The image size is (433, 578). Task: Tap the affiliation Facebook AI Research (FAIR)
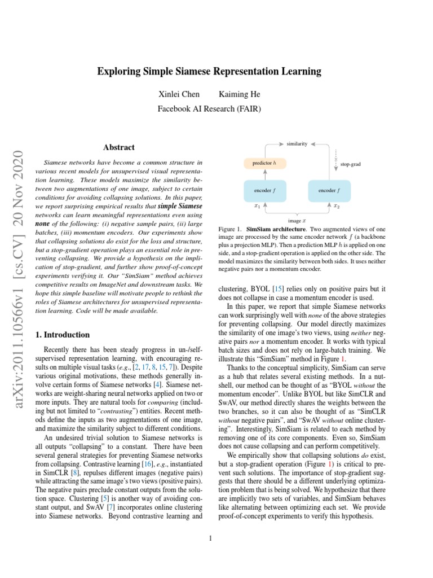tap(209, 109)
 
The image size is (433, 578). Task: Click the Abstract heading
tap(119, 147)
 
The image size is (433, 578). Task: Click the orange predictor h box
tap(264, 164)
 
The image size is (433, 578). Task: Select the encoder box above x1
tap(264, 191)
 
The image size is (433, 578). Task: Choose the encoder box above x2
tap(329, 191)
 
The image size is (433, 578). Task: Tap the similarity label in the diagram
tap(297, 144)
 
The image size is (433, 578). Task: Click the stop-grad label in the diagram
tap(350, 164)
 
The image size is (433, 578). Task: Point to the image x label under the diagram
tap(297, 221)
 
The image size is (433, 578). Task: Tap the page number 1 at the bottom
tap(210, 538)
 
